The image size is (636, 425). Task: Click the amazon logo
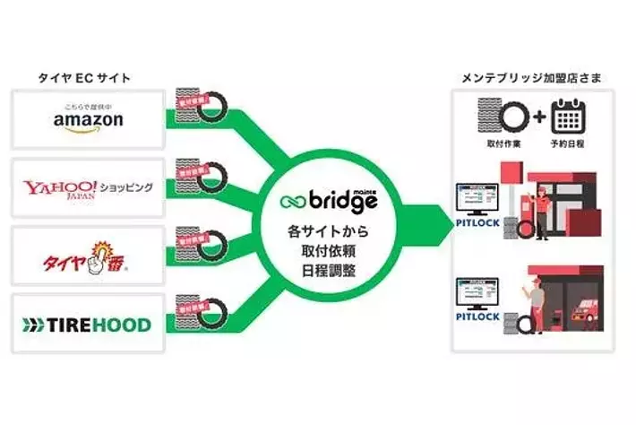[x=88, y=119]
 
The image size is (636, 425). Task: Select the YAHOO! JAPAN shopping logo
[x=88, y=187]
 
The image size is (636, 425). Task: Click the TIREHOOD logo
[x=88, y=323]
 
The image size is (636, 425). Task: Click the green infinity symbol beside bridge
[x=292, y=199]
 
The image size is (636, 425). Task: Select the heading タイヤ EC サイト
[x=84, y=79]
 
